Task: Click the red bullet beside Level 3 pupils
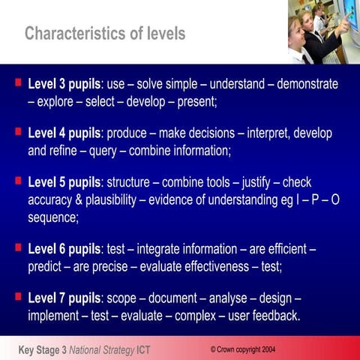click(17, 79)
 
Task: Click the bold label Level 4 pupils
click(64, 134)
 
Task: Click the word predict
click(48, 265)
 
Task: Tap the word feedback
click(272, 315)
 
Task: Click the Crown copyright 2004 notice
click(242, 349)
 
